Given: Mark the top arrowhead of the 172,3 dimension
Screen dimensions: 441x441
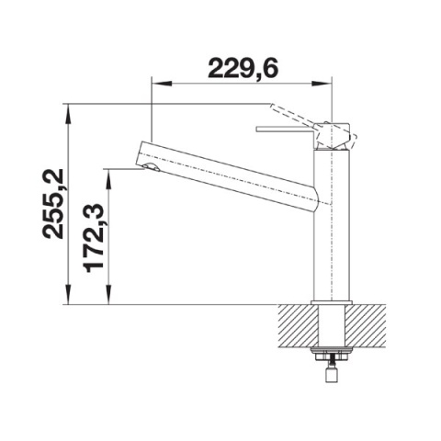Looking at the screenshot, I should click(x=110, y=174).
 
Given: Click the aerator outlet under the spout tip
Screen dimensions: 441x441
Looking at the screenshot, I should click(x=149, y=170).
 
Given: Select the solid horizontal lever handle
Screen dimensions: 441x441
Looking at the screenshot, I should click(x=287, y=129).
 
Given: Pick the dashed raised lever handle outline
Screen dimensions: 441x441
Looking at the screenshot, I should click(x=294, y=115).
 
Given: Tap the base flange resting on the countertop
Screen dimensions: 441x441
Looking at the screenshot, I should click(x=332, y=303).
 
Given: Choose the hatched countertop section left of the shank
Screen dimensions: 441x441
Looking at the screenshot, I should click(x=296, y=326).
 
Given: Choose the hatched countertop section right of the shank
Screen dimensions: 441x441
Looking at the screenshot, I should click(x=367, y=326).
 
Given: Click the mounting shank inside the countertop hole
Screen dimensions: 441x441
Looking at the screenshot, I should click(x=332, y=326).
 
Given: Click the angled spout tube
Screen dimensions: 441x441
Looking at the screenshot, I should click(x=230, y=175).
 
